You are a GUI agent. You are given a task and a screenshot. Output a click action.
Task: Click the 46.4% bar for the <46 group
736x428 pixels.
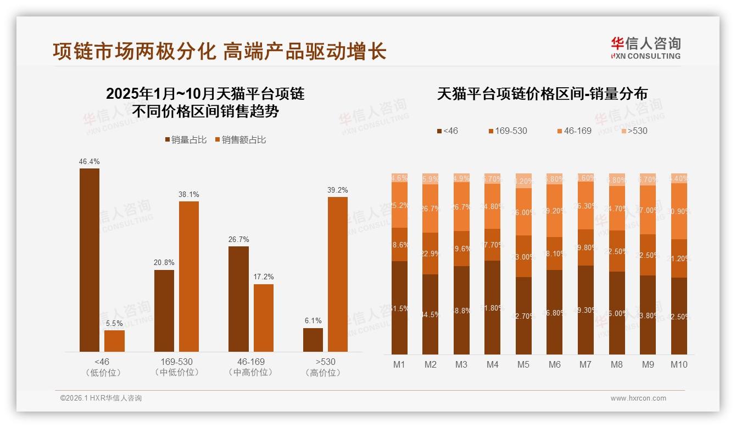90,260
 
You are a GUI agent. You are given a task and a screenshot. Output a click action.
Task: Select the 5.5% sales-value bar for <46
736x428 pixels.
114,341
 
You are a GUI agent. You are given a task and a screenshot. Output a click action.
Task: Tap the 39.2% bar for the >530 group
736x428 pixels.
338,274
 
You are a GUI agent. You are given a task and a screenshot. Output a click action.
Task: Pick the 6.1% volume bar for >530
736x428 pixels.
313,340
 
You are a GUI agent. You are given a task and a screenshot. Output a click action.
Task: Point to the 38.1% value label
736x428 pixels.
188,194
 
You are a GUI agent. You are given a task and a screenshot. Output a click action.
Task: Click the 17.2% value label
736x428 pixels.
263,277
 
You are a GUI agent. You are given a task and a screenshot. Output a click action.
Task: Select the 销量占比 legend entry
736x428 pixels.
186,140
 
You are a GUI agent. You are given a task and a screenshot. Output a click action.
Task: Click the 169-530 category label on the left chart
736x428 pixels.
177,362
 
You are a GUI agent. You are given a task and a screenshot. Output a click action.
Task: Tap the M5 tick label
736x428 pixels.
523,364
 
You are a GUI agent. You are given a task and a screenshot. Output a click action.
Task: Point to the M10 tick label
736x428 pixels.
679,364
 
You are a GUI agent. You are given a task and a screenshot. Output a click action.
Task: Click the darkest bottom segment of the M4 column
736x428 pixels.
492,307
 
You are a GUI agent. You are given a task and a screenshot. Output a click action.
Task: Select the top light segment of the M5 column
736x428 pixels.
523,181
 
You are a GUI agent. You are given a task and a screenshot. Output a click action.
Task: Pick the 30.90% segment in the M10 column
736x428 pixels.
679,211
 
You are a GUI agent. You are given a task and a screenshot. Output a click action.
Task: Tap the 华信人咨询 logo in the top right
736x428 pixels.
645,48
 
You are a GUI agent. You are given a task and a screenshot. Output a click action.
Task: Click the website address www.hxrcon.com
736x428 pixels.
638,398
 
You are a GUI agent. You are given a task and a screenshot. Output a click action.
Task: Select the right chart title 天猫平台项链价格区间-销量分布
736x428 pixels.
542,94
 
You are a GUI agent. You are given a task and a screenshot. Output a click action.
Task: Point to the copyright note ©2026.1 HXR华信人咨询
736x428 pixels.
101,398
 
